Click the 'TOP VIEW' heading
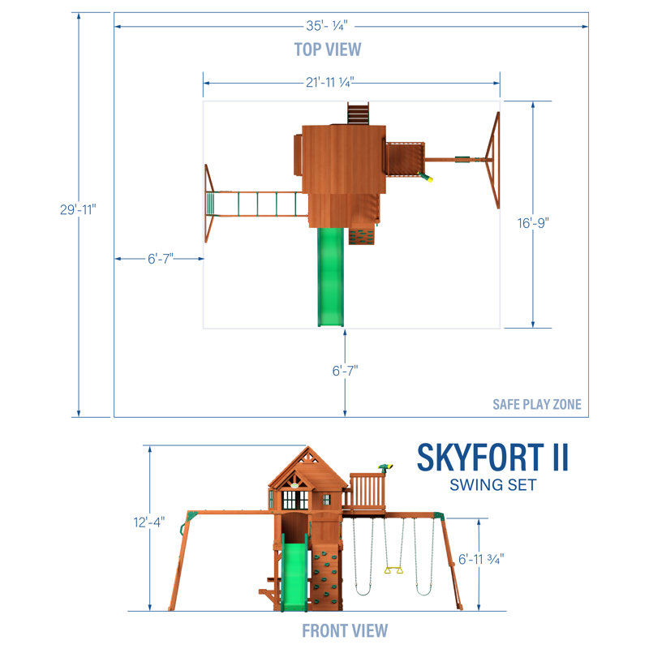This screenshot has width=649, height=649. [328, 49]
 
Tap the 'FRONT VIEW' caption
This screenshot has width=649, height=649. [345, 630]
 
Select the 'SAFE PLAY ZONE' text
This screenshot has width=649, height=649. [536, 404]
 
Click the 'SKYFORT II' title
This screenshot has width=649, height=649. [492, 458]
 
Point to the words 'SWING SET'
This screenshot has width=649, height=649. [492, 485]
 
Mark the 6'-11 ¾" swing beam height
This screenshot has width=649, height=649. [482, 559]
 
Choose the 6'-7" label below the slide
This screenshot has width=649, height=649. [344, 370]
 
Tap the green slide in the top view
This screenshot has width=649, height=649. [329, 276]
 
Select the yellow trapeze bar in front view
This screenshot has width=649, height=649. [394, 571]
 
